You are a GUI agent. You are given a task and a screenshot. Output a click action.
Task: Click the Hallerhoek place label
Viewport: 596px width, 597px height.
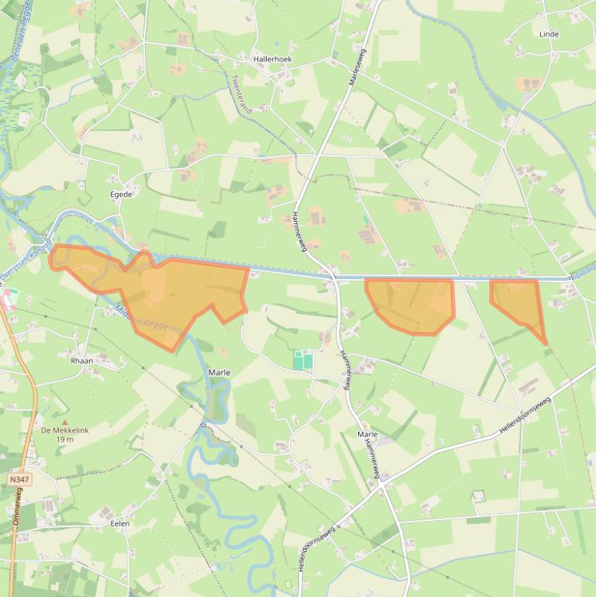tap(272, 58)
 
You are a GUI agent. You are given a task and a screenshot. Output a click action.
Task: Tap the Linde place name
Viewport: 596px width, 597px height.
tap(549, 34)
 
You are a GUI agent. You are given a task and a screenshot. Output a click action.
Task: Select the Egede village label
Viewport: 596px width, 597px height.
tap(121, 194)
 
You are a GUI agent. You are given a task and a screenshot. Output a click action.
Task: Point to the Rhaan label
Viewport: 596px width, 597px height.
tap(81, 361)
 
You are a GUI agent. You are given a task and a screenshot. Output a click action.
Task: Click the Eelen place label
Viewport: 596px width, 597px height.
tap(120, 523)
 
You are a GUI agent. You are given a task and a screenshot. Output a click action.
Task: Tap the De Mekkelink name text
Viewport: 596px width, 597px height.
tap(65, 430)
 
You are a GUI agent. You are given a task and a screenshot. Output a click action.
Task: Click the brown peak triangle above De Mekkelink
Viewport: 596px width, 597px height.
tap(64, 402)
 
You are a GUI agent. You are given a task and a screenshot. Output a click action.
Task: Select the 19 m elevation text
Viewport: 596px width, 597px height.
tap(65, 440)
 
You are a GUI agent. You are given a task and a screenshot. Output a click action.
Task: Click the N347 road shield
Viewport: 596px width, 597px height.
tap(19, 480)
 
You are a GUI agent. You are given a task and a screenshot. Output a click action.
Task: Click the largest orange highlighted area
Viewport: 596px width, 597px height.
tap(163, 291)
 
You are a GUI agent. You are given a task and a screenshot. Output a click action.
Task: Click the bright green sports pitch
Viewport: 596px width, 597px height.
tap(303, 361)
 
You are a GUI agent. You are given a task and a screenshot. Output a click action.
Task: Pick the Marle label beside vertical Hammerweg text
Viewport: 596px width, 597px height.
tap(367, 435)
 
